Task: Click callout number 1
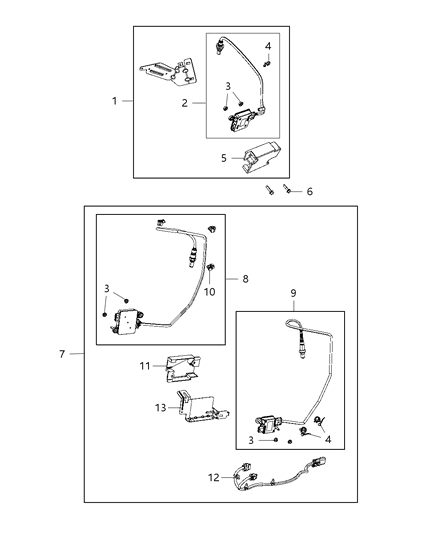(x=115, y=101)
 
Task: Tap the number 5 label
(x=225, y=157)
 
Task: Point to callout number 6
(x=309, y=191)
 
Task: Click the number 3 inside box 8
(x=105, y=289)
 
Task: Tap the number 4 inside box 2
(x=268, y=47)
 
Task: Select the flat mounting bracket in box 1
(x=169, y=69)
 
